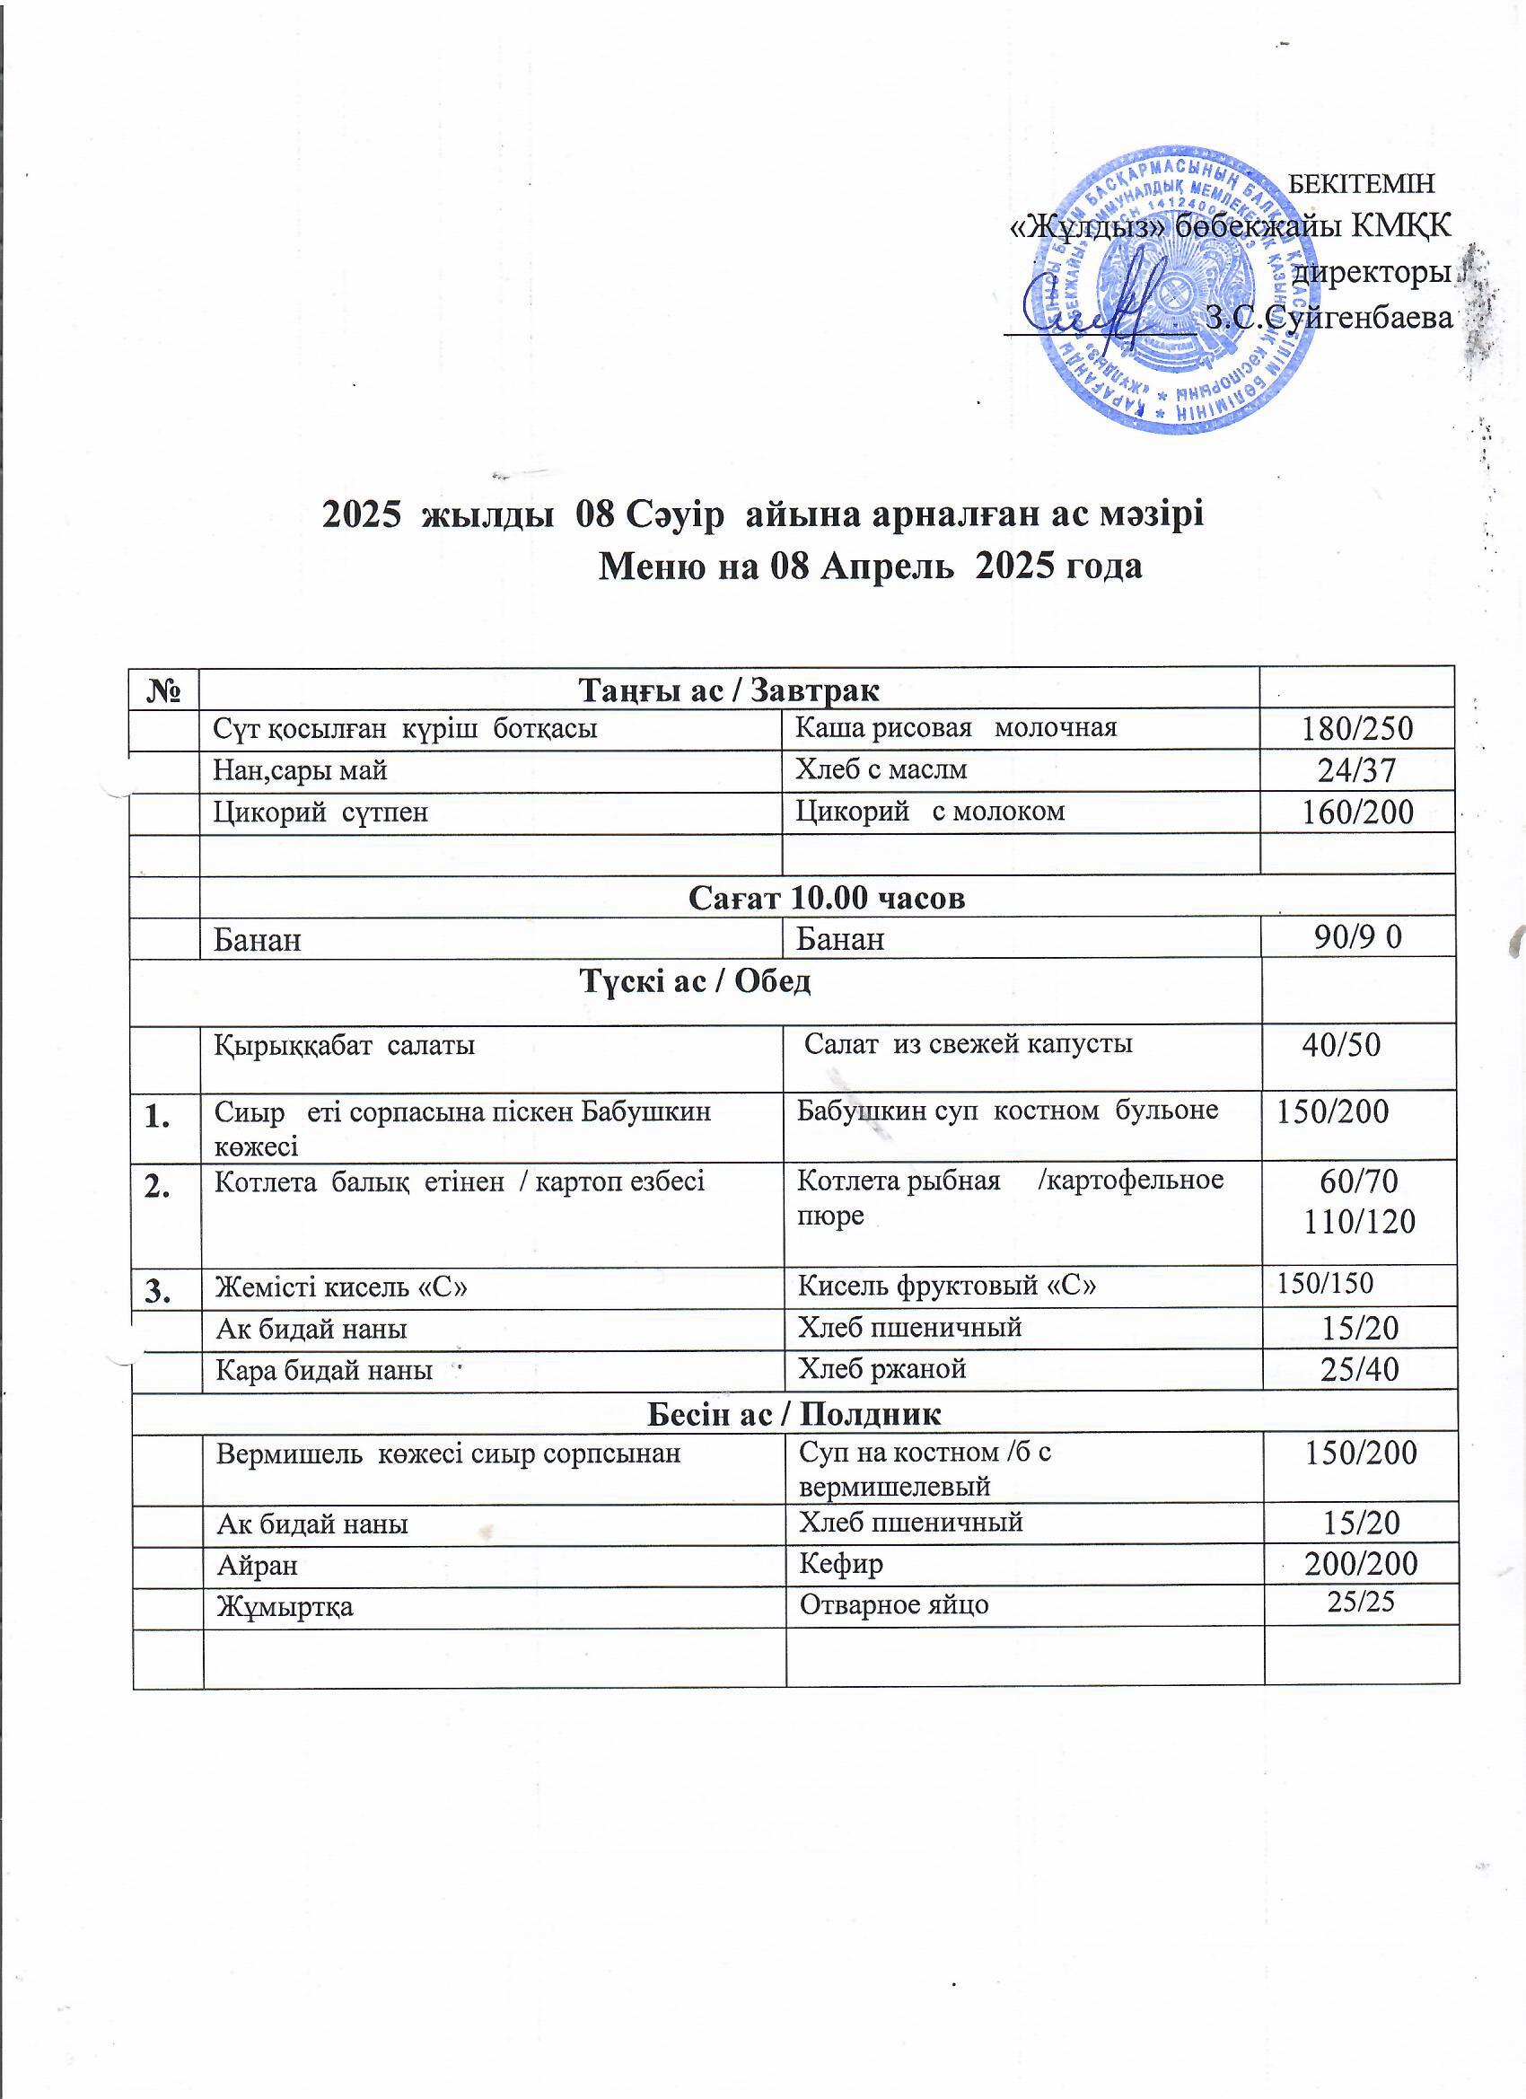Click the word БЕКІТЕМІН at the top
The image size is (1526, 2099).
[1361, 184]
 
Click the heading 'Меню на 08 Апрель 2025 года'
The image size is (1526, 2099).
[870, 566]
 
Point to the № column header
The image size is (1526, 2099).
[165, 690]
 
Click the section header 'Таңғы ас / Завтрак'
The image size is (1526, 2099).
[728, 689]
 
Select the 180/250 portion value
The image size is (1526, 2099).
[1357, 729]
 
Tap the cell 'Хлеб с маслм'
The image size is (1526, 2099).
[881, 769]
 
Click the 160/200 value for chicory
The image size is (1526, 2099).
[1357, 812]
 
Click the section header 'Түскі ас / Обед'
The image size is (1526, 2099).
[695, 981]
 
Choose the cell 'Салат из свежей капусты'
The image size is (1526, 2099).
[967, 1044]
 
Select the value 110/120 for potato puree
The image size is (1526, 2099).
[1359, 1223]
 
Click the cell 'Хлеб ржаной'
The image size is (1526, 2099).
[881, 1369]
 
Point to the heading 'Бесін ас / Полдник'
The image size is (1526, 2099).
[794, 1414]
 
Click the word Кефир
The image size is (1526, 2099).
[840, 1563]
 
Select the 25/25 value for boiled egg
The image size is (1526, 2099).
[1360, 1602]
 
